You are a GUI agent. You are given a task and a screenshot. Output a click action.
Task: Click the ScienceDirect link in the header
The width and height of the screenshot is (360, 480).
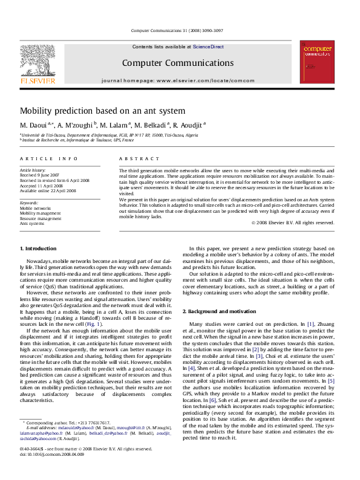point(208,47)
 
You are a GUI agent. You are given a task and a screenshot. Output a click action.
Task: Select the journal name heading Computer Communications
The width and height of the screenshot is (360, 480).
point(177,63)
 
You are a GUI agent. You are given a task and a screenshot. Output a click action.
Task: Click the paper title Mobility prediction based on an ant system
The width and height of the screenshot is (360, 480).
point(102,111)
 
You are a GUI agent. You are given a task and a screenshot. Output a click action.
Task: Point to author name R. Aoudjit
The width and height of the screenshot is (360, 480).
point(189,125)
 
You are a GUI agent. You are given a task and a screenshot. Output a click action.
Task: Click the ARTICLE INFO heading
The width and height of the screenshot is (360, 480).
point(49,158)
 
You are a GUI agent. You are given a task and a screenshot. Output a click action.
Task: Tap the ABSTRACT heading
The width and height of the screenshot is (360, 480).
point(136,158)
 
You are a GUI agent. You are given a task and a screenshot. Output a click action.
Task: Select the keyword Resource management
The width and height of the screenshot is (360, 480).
point(41,218)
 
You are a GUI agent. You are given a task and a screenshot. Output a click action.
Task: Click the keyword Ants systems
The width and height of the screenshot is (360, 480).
point(32,224)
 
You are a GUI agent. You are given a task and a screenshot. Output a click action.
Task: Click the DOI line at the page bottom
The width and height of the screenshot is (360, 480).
point(52,454)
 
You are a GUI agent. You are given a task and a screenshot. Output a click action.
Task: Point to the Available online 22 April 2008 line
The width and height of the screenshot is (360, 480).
point(48,190)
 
